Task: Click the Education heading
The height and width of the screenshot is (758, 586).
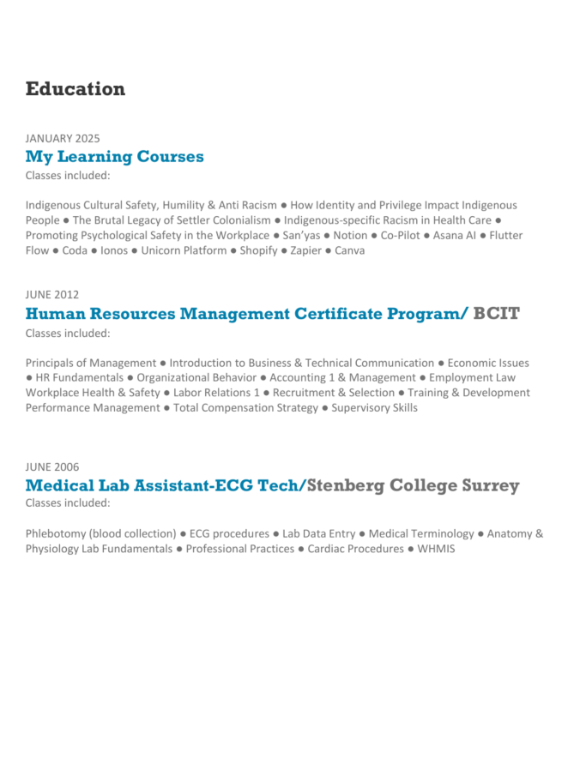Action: point(76,89)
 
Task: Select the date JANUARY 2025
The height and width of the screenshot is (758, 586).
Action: point(63,138)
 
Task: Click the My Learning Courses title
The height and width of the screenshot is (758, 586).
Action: point(114,157)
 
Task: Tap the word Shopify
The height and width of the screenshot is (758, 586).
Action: point(258,250)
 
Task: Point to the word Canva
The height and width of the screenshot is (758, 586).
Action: point(349,250)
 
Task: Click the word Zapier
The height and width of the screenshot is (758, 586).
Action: point(305,250)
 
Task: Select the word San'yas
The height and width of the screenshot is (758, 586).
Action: point(301,235)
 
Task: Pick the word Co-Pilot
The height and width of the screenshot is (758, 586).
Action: point(400,235)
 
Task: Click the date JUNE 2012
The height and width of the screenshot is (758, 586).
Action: point(52,295)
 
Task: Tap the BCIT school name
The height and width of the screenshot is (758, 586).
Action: point(496,314)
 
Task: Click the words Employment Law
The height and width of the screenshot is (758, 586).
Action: point(472,377)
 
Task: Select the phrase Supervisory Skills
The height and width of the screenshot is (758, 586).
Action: point(375,408)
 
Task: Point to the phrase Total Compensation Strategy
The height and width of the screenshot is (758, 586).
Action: point(245,408)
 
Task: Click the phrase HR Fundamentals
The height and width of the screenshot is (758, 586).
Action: point(76,377)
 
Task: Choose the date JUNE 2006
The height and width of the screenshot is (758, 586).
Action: point(52,467)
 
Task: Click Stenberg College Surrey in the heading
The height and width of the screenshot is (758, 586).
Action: point(413,486)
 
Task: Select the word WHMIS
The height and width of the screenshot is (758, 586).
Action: point(436,549)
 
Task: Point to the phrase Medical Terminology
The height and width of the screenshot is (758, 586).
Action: point(421,534)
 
